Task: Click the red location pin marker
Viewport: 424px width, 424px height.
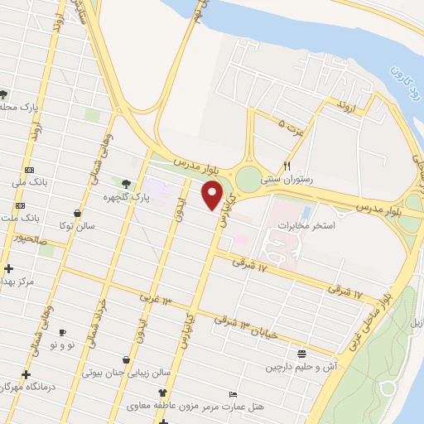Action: (x=213, y=195)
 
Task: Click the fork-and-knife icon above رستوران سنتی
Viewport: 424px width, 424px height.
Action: (x=287, y=165)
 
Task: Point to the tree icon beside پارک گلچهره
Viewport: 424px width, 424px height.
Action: (x=126, y=184)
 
